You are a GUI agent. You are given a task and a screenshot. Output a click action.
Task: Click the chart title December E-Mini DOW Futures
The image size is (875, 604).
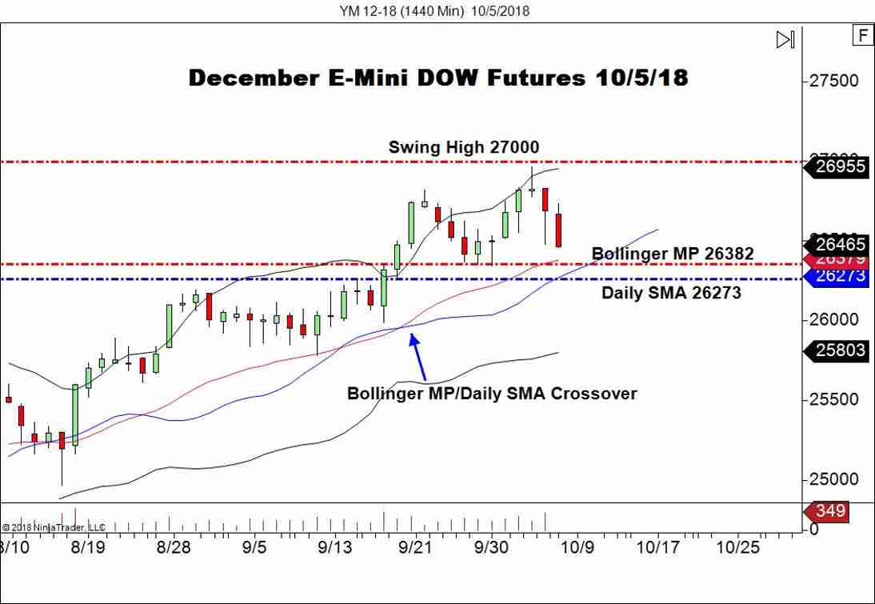(437, 78)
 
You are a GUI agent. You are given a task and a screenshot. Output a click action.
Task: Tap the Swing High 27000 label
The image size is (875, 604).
(463, 147)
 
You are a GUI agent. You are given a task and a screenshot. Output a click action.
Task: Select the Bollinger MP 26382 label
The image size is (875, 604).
(672, 254)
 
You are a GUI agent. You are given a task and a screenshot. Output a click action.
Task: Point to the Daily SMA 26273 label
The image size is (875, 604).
(670, 293)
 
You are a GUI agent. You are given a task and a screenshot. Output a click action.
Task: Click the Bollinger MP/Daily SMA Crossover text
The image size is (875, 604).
(491, 394)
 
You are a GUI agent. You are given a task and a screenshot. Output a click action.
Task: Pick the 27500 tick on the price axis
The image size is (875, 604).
(834, 81)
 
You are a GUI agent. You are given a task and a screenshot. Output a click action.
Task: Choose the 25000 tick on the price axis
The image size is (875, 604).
(834, 479)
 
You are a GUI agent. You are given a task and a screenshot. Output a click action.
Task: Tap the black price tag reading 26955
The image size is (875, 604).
(840, 166)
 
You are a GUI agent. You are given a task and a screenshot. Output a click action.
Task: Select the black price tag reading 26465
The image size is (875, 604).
(840, 245)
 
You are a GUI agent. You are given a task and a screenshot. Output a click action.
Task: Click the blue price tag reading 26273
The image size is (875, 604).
(840, 276)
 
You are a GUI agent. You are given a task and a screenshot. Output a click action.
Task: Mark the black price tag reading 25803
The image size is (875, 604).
(840, 350)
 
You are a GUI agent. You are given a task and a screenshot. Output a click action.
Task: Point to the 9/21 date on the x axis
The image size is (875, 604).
(415, 547)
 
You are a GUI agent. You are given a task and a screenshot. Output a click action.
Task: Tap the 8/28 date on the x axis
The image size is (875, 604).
(174, 547)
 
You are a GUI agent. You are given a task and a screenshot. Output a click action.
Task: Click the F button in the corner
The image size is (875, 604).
(862, 36)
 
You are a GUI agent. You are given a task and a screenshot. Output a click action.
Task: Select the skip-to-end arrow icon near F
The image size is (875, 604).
(785, 39)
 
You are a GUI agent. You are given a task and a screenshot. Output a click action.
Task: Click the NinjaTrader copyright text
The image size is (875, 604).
(54, 527)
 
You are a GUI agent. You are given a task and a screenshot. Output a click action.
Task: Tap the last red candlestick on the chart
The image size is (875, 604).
(559, 230)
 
